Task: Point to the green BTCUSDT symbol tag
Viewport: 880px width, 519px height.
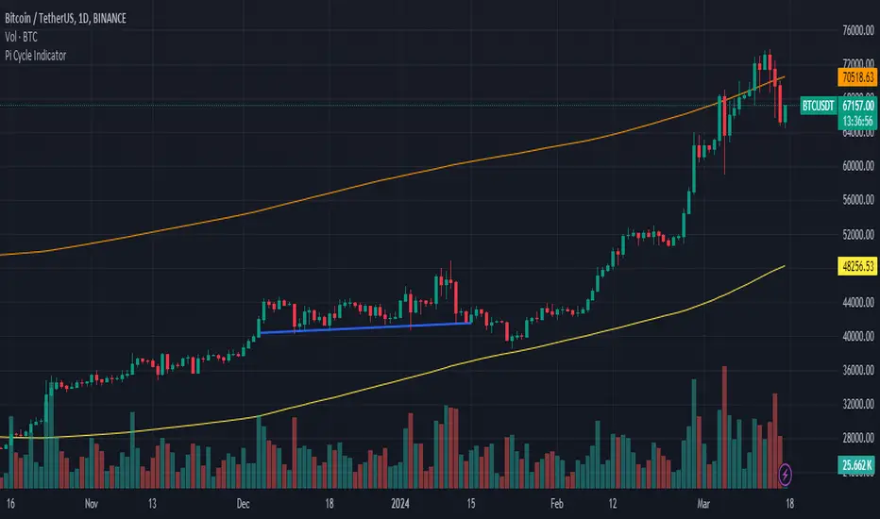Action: pyautogui.click(x=818, y=107)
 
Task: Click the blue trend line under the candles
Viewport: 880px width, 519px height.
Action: pyautogui.click(x=365, y=328)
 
